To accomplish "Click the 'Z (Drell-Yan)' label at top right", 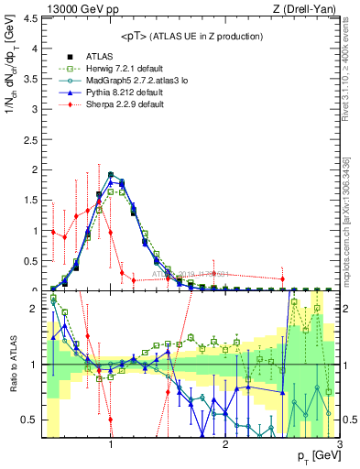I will click(310, 8).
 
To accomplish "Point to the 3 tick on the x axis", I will click(339, 445).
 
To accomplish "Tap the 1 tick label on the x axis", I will click(111, 445).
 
